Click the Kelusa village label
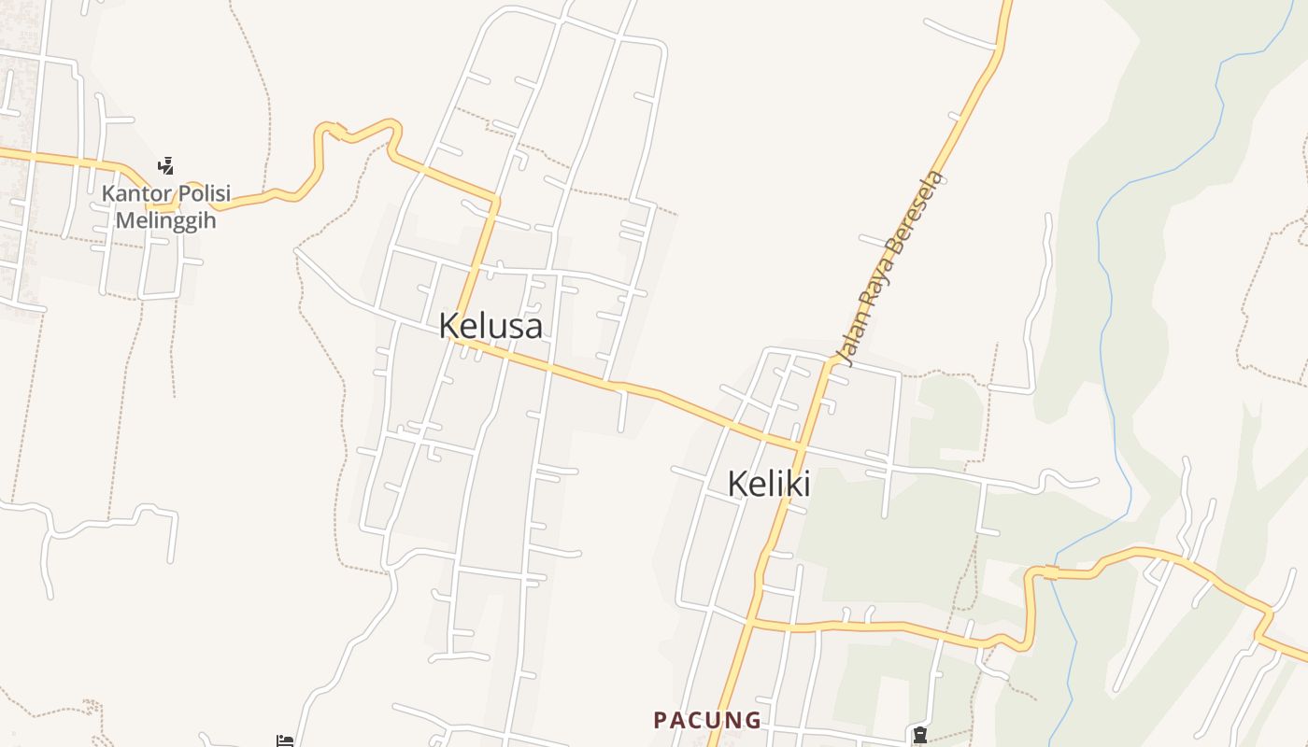[x=490, y=326]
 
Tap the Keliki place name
[x=768, y=484]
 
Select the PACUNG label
[x=707, y=720]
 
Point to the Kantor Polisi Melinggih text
[x=166, y=207]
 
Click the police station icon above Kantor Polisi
[x=166, y=166]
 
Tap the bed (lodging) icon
[x=285, y=741]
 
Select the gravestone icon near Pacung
[x=920, y=735]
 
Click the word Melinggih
[x=166, y=221]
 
